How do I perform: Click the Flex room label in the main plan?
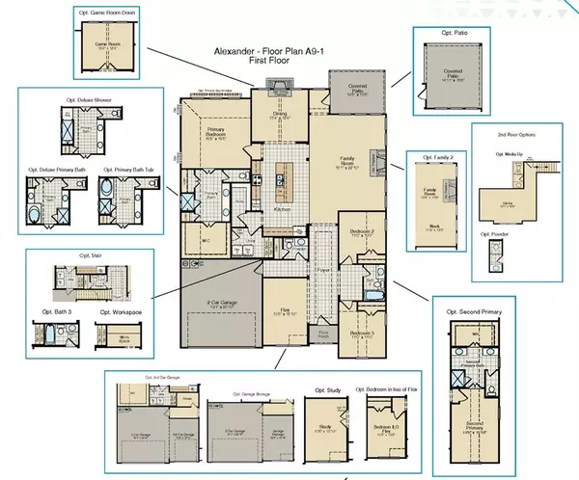(x=286, y=310)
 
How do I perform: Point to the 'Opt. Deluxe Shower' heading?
(x=84, y=99)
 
